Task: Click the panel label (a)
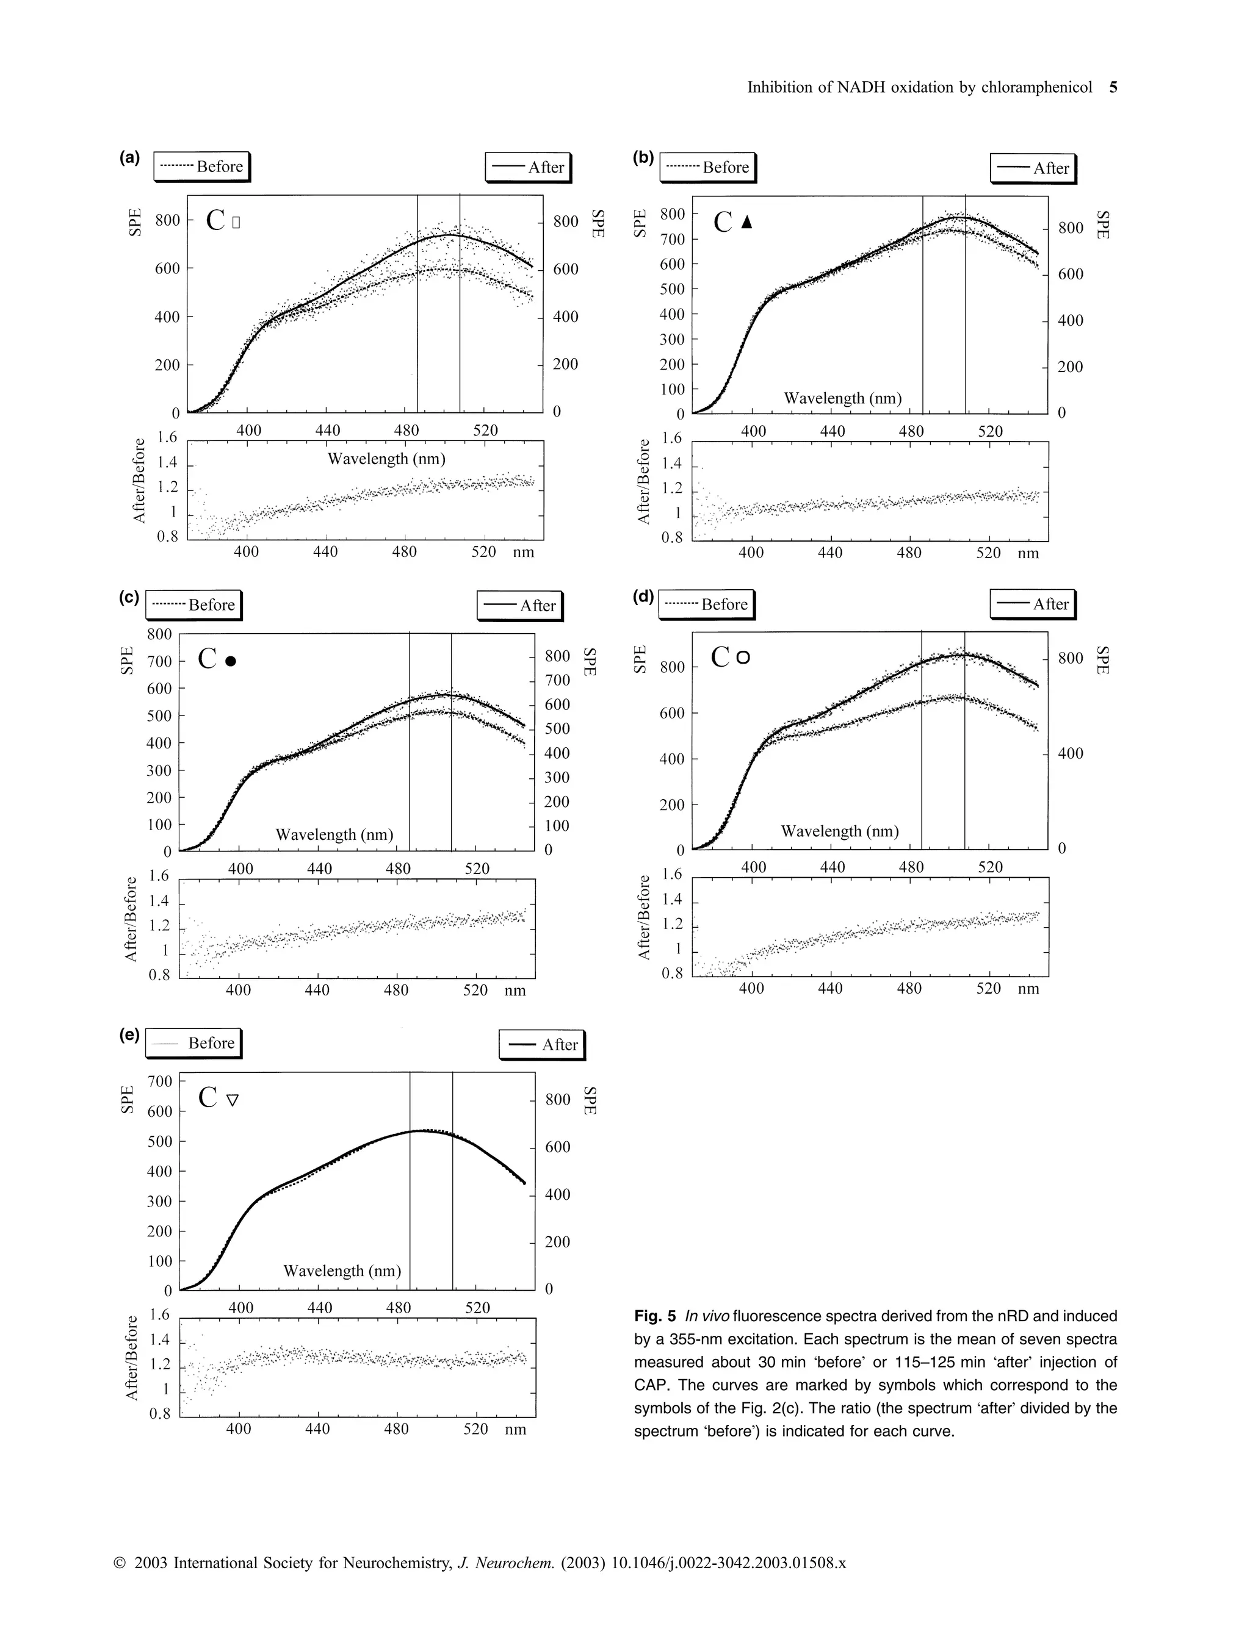point(129,157)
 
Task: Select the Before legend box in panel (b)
point(707,167)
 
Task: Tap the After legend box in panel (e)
point(541,1045)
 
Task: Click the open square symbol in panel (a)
point(236,221)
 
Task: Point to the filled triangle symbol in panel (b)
point(747,221)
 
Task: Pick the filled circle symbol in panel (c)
point(231,661)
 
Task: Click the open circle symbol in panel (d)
point(743,658)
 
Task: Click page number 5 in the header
point(1113,87)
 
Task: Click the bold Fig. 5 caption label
point(655,1316)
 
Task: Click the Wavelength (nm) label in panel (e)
point(342,1271)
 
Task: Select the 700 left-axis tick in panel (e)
point(160,1081)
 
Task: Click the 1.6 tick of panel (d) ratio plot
point(672,874)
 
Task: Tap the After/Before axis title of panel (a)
point(139,481)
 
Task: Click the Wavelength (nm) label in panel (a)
point(386,459)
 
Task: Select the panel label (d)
point(643,597)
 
